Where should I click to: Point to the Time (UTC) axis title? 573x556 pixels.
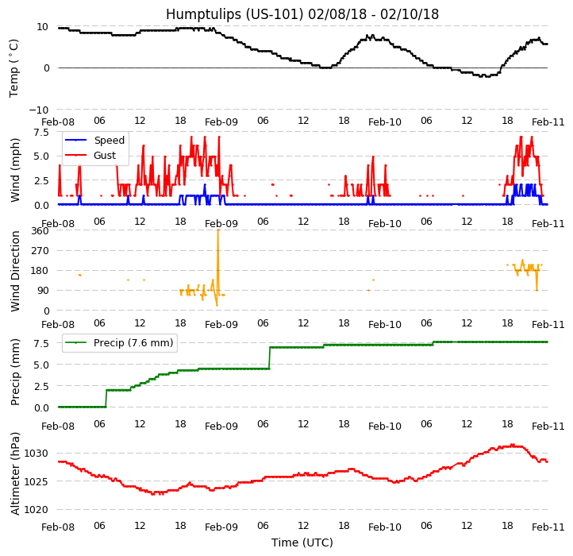coord(302,542)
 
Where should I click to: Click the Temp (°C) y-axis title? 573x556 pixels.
coord(14,68)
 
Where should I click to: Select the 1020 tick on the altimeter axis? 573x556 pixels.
coord(37,509)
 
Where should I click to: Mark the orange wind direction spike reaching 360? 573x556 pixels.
coord(217,232)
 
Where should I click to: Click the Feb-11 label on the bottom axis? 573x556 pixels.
coord(548,527)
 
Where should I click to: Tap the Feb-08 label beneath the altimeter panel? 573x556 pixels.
coord(58,527)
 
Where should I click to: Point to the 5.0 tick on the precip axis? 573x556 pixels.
coord(44,365)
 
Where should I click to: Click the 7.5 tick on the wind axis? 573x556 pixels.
coord(44,133)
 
